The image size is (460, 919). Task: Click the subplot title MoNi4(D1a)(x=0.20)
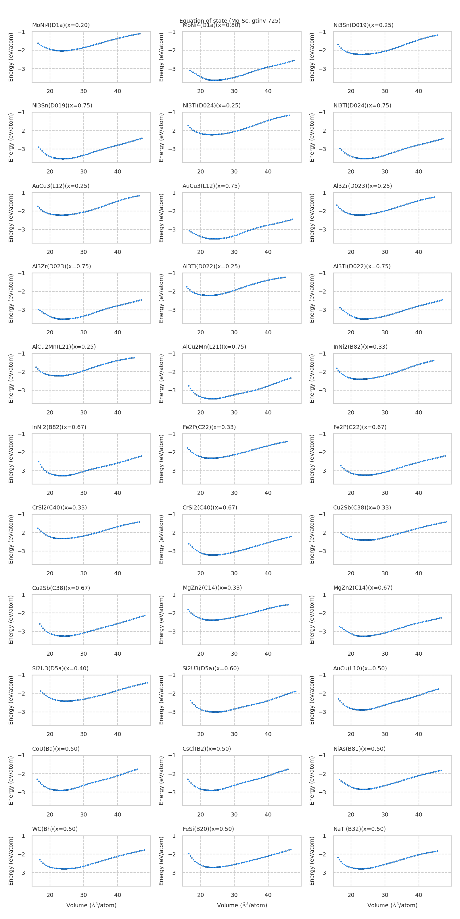point(61,25)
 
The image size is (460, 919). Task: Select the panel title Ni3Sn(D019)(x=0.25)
point(363,25)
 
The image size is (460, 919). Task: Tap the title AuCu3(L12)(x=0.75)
point(211,186)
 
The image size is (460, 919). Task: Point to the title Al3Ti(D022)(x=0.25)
point(211,266)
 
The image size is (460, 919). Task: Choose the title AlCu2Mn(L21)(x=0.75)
point(214,346)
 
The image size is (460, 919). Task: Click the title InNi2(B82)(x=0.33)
point(360,346)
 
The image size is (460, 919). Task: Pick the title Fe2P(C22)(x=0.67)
point(360,427)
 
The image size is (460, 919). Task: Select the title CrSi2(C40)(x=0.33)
point(59,507)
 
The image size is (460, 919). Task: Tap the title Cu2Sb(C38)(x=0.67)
point(61,588)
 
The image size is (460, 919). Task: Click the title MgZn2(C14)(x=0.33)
point(212,587)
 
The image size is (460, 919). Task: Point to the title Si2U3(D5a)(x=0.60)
point(211,668)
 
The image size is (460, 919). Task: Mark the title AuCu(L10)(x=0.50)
point(360,668)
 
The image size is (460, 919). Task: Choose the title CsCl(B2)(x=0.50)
point(207,748)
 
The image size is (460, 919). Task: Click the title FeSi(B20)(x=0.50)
point(208,829)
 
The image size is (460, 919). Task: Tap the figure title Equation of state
point(230,21)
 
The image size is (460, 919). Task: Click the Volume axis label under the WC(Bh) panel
point(91,905)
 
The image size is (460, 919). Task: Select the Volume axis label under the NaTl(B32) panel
point(392,905)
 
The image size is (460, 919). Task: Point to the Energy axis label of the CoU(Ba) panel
point(11,780)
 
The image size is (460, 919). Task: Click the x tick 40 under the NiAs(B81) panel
point(419,814)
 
